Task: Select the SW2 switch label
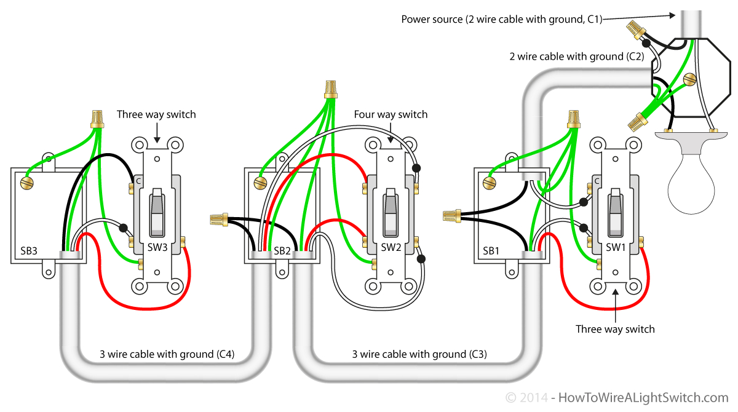[391, 247]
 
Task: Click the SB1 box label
[491, 251]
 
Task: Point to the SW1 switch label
[616, 247]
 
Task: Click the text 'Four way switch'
[391, 114]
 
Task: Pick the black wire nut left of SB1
[451, 215]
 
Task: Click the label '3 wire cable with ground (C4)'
[167, 354]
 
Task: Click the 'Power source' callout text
[501, 19]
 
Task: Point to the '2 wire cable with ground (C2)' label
[576, 57]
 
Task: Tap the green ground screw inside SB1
[490, 183]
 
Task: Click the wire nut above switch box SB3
[96, 118]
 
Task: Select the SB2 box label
[282, 252]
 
